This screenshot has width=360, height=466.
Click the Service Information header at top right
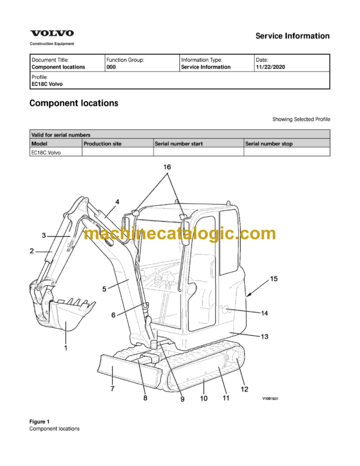pos(292,36)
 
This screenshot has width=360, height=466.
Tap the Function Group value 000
pos(111,67)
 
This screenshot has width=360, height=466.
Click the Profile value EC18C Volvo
pos(47,84)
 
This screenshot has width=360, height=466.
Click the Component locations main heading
pos(73,103)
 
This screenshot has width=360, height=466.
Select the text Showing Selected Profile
pos(301,120)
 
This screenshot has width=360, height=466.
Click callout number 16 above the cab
pos(167,166)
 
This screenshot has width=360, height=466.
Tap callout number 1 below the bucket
pos(65,347)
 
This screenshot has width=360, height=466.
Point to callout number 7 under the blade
pos(112,389)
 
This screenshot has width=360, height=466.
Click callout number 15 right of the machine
pos(274,278)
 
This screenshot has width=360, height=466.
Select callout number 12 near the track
pos(244,389)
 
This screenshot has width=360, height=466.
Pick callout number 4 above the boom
pos(117,202)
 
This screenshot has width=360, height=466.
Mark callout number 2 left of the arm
pos(31,252)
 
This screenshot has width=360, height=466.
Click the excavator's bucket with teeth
pos(70,315)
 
